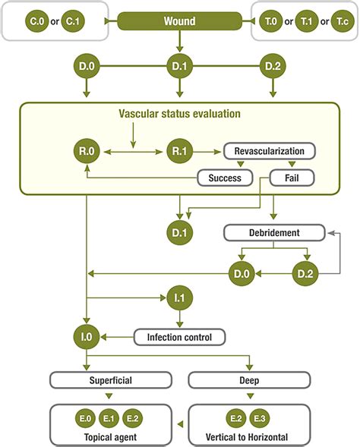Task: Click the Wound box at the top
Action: (x=179, y=21)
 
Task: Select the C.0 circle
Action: (x=37, y=21)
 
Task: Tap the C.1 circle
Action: (x=73, y=21)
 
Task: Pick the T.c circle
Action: (x=343, y=21)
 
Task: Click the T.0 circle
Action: (x=270, y=21)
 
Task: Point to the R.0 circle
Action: (x=87, y=151)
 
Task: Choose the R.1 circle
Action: (x=180, y=151)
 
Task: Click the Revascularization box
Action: (x=270, y=151)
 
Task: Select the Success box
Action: (x=225, y=178)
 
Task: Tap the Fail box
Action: (x=292, y=178)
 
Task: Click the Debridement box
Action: (x=274, y=233)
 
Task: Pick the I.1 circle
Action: (x=180, y=298)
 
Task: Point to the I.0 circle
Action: (x=87, y=337)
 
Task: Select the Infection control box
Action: (x=179, y=337)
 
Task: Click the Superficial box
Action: (x=111, y=380)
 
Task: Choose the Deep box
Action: (x=249, y=380)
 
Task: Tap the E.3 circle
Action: (x=260, y=418)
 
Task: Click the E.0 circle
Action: (x=85, y=418)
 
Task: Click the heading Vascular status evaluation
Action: (x=179, y=114)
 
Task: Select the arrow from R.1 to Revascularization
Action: (x=207, y=152)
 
